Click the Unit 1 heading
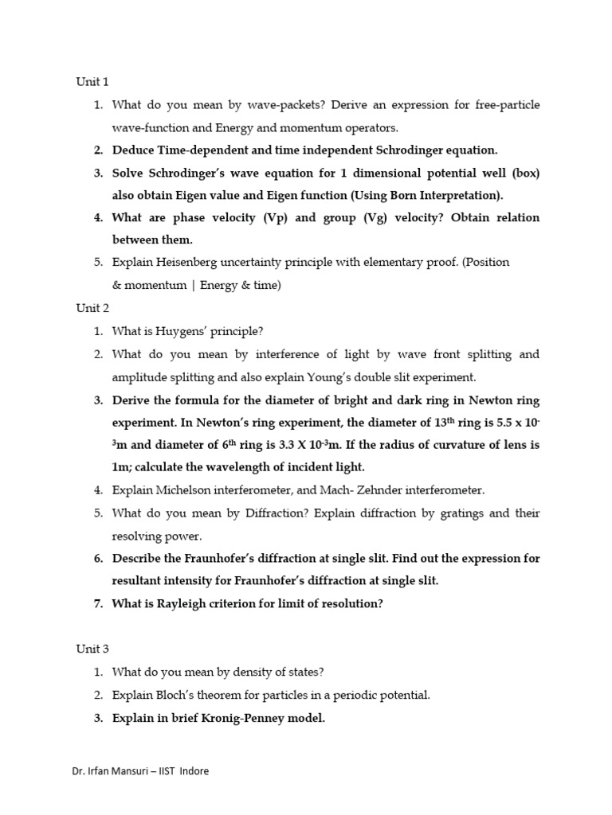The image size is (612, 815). pyautogui.click(x=92, y=82)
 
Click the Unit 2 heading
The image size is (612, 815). pyautogui.click(x=92, y=308)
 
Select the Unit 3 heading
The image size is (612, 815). pyautogui.click(x=92, y=649)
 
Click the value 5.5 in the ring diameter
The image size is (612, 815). pyautogui.click(x=492, y=422)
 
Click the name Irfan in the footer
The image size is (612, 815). pyautogui.click(x=105, y=771)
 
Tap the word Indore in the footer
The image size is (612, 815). pyautogui.click(x=195, y=771)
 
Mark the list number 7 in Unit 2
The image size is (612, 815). pyautogui.click(x=98, y=603)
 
